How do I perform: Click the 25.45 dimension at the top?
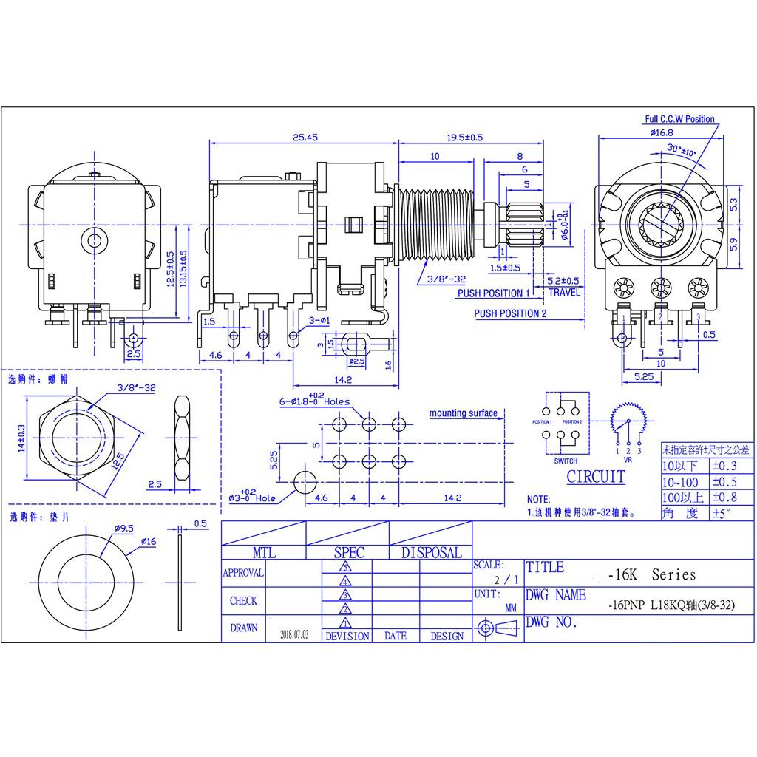pos(305,137)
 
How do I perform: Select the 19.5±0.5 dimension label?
pos(464,137)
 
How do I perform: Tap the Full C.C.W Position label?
pos(679,119)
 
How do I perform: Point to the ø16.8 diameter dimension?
pos(661,132)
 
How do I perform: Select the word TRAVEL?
pos(564,293)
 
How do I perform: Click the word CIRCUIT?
pos(595,477)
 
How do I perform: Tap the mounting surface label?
pos(464,413)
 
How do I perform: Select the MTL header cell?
pos(264,552)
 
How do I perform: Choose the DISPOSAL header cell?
pos(431,552)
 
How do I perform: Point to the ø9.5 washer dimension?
pos(123,529)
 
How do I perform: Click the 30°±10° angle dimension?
pos(681,150)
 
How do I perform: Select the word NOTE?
pos(538,500)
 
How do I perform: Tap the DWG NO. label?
pos(551,622)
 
